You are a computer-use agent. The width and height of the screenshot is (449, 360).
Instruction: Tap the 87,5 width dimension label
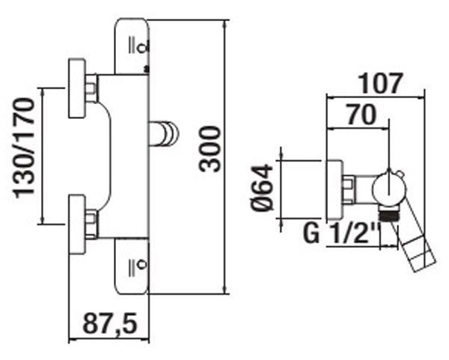pyautogui.click(x=110, y=323)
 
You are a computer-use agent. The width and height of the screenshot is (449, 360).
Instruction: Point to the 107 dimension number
pyautogui.click(x=381, y=84)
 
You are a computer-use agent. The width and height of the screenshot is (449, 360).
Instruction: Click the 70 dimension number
pyautogui.click(x=361, y=115)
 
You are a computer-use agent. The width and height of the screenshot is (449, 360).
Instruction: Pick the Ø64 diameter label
pyautogui.click(x=263, y=188)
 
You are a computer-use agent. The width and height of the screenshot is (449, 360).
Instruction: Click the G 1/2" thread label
pyautogui.click(x=342, y=233)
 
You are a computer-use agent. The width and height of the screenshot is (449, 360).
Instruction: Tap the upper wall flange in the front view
pyautogui.click(x=77, y=88)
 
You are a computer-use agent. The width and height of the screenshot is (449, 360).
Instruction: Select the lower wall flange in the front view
pyautogui.click(x=77, y=225)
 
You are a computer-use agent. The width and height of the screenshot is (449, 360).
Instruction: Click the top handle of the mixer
pyautogui.click(x=132, y=46)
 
